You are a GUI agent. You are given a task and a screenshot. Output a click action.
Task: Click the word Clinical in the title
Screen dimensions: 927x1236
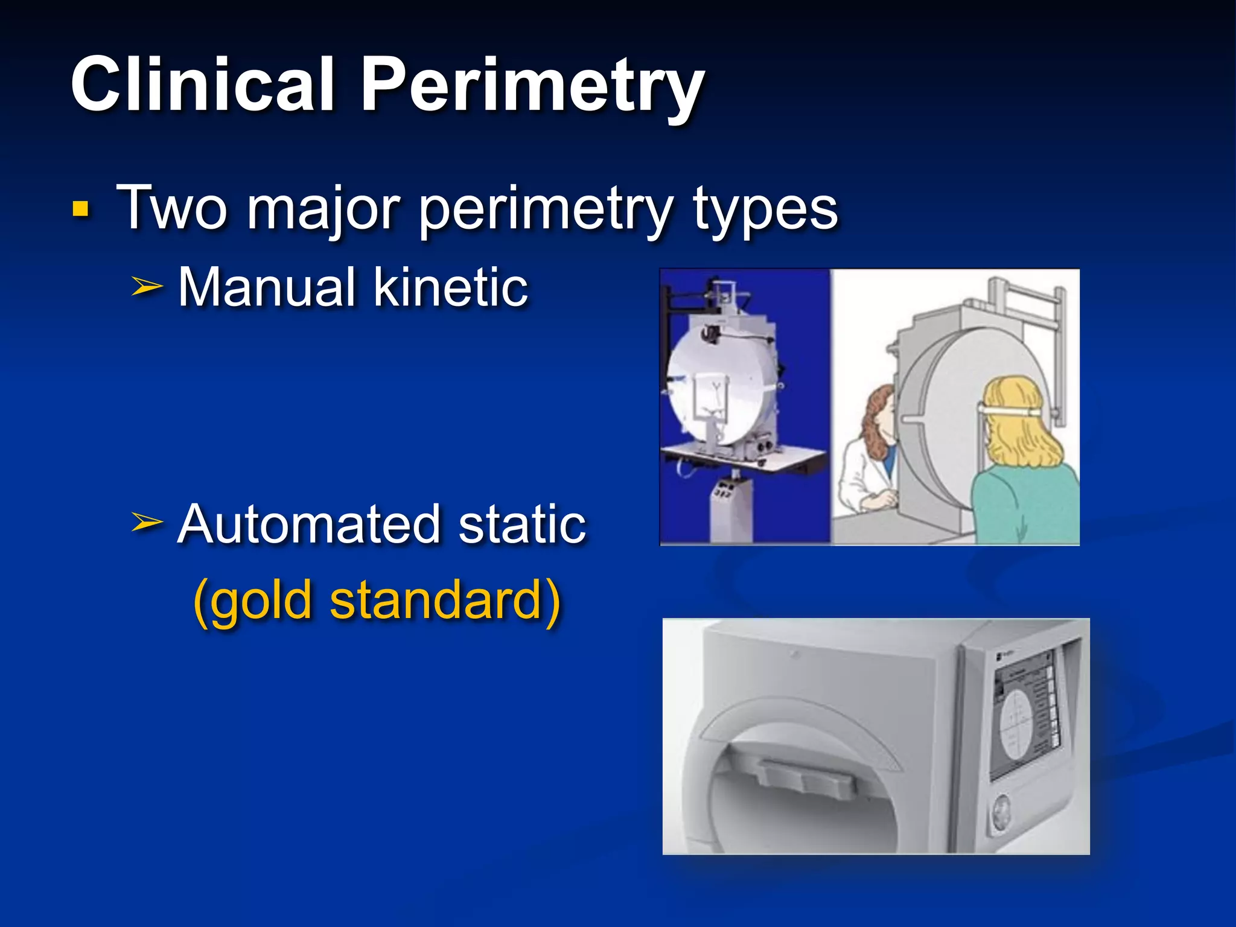(x=202, y=84)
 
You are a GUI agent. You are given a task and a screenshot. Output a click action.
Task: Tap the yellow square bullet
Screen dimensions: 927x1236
(x=80, y=209)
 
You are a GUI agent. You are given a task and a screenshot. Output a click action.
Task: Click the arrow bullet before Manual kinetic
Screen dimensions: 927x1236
(x=147, y=288)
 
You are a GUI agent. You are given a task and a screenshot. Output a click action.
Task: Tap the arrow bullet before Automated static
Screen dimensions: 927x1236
(x=147, y=522)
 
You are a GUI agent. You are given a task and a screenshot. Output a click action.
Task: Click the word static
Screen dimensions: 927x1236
(x=522, y=524)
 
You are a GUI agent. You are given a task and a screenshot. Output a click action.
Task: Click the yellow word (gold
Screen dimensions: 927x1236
(x=253, y=600)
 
